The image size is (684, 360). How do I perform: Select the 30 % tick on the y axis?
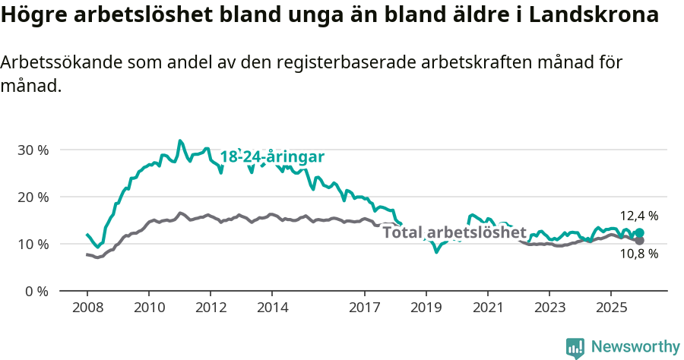[x=33, y=150]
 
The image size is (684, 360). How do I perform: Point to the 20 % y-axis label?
[x=33, y=197]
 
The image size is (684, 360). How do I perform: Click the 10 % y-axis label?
[x=33, y=244]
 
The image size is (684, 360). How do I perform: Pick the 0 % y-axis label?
[x=36, y=291]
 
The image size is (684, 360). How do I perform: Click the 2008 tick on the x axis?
[x=87, y=308]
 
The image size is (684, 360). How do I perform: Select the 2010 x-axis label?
[x=149, y=308]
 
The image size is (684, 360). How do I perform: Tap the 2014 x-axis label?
[x=272, y=308]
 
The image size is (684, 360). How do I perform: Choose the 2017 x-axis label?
[x=364, y=308]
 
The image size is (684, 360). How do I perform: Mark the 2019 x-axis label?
[x=426, y=308]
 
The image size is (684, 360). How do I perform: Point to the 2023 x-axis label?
[x=549, y=308]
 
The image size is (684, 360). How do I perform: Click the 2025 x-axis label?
[x=611, y=308]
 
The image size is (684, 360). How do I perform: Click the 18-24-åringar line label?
[x=272, y=157]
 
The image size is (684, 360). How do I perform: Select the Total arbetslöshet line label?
[x=454, y=232]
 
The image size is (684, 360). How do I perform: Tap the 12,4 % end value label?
[x=638, y=216]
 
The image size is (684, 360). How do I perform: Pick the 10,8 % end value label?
[x=638, y=254]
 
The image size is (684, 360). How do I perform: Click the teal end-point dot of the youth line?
[x=639, y=233]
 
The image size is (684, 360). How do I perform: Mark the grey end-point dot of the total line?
[x=639, y=240]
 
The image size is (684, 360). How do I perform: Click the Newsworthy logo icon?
[x=575, y=347]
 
